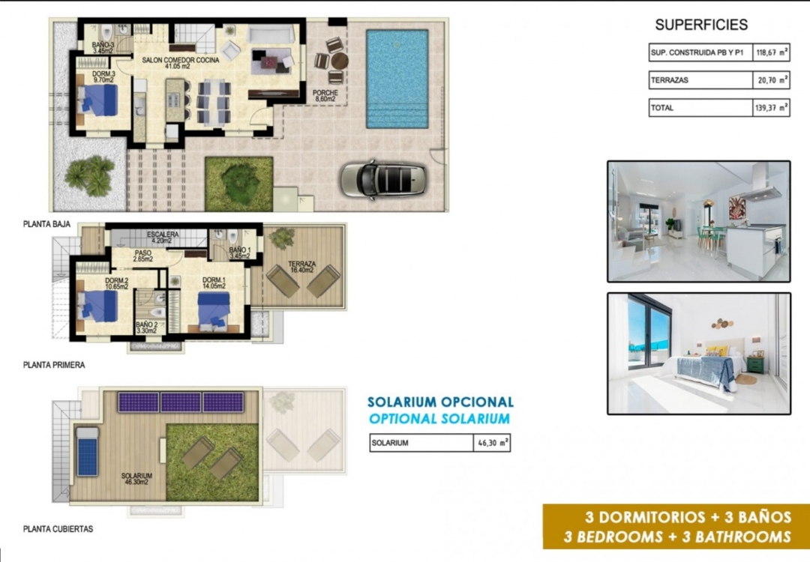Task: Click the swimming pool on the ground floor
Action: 397,79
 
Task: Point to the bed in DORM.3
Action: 99,100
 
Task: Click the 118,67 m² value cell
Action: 771,52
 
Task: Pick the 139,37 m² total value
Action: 771,108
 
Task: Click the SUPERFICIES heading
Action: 701,25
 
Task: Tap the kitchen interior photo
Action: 698,221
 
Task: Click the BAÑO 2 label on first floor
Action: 146,327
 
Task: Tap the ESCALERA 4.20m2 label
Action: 162,238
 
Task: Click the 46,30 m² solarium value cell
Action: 493,443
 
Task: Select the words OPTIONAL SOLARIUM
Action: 439,419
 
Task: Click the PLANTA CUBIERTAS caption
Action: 58,529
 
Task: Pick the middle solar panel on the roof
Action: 181,402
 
